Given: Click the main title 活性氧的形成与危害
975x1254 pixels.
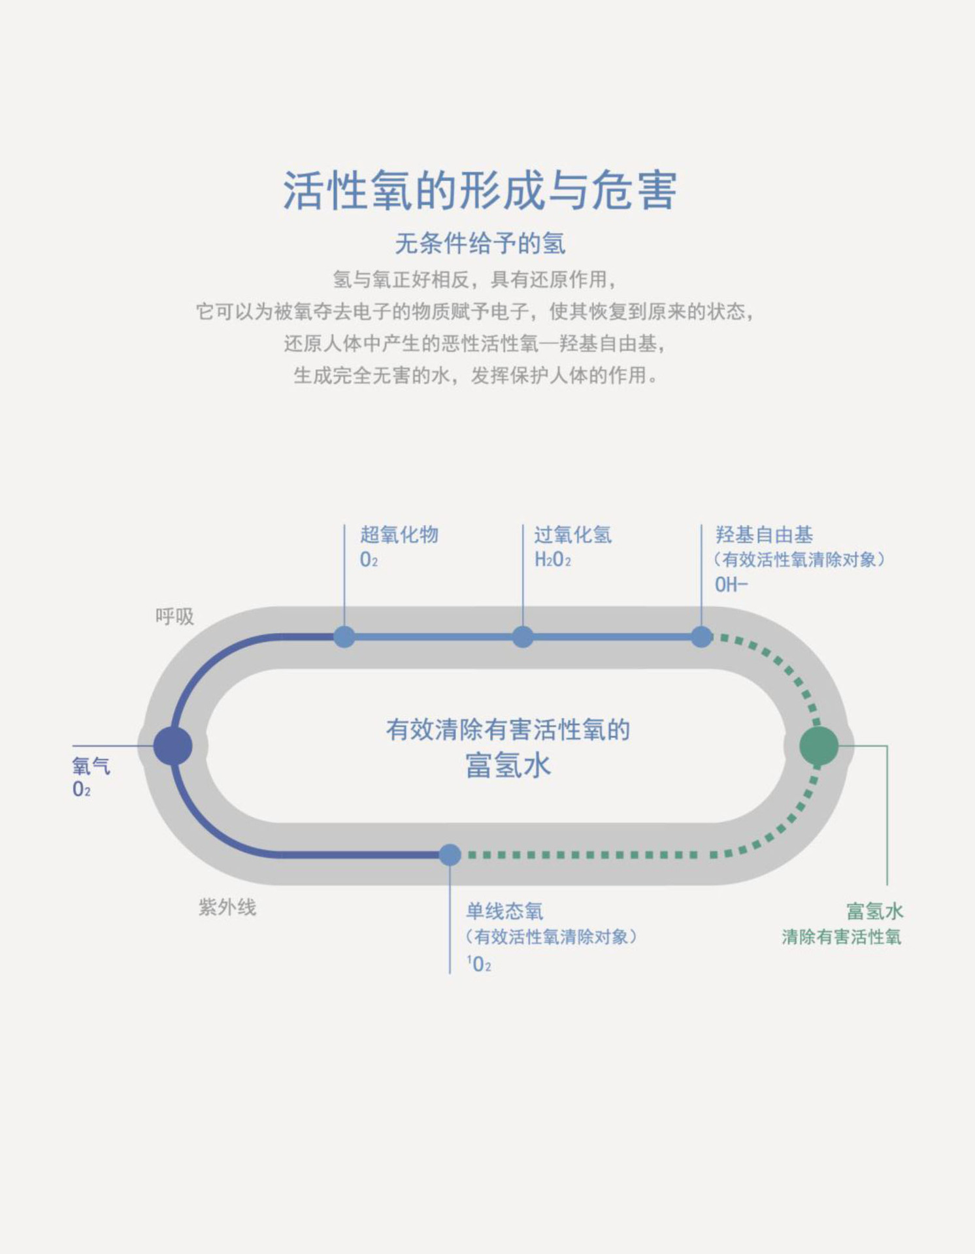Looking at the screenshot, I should (480, 191).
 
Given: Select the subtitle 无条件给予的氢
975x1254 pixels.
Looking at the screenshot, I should (480, 244).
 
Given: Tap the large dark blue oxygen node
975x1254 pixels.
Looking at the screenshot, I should (173, 745).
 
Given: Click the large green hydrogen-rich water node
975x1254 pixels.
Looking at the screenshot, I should (819, 745).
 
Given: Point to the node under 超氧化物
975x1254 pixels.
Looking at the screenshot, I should (344, 637).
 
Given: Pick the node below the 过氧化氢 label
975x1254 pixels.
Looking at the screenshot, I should (523, 637).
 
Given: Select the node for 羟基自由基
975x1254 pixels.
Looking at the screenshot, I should (701, 637).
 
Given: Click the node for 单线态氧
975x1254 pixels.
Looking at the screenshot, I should (450, 854).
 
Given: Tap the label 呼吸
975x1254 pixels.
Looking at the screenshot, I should (174, 617).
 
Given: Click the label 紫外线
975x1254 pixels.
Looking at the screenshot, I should (227, 907).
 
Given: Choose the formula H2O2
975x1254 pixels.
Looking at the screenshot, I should (553, 560).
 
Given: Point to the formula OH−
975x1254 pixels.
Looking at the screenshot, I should (731, 585).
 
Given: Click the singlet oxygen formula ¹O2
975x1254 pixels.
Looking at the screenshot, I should (480, 964).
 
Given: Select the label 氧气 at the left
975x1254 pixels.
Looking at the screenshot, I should (91, 765).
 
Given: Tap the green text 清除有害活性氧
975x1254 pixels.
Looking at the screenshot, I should (841, 937).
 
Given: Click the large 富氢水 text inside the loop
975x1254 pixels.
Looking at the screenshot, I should (508, 765).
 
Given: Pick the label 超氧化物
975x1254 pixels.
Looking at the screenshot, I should (399, 535).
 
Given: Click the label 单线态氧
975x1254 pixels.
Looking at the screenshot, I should (504, 911).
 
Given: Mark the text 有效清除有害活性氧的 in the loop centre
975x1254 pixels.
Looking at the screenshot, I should (508, 730).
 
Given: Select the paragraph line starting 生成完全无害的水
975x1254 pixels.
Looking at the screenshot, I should (476, 376).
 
